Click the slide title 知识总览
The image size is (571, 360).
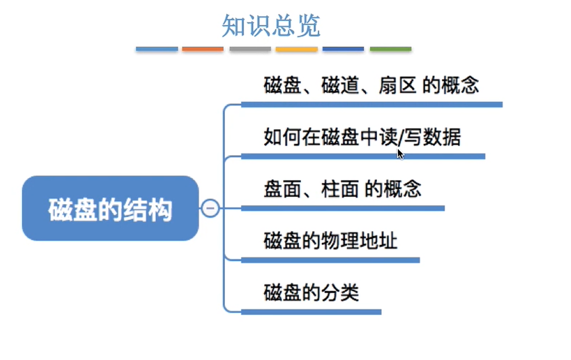coord(271,26)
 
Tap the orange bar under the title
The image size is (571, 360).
coord(203,49)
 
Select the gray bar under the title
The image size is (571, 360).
coord(250,49)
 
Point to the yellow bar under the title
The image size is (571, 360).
coord(296,49)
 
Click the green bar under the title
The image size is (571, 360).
coord(390,49)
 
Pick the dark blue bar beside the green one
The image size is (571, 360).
coord(343,49)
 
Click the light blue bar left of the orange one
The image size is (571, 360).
coord(157,49)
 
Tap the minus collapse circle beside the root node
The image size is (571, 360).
coord(210,208)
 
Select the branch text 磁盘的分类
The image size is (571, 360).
coord(311,293)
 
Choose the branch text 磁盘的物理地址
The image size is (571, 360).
coord(330,240)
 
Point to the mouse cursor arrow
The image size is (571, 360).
coord(400,153)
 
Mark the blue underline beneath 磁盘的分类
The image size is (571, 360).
coord(311,312)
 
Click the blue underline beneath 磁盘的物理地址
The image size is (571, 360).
coord(330,260)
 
